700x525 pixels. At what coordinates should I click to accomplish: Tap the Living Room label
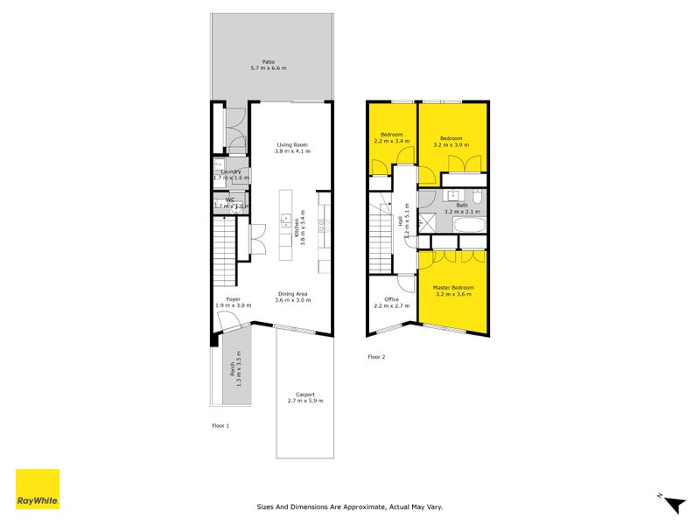pyautogui.click(x=292, y=145)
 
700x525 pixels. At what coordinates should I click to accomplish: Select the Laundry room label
pyautogui.click(x=231, y=171)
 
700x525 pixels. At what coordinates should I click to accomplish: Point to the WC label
pyautogui.click(x=230, y=200)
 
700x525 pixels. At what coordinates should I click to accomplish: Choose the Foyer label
pyautogui.click(x=233, y=299)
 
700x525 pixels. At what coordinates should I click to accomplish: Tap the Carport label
pyautogui.click(x=305, y=395)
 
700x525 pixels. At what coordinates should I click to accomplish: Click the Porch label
pyautogui.click(x=234, y=369)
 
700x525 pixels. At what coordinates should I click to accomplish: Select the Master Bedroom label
pyautogui.click(x=453, y=288)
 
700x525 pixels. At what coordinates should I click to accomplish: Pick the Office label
pyautogui.click(x=391, y=299)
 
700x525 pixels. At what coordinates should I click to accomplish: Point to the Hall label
pyautogui.click(x=402, y=223)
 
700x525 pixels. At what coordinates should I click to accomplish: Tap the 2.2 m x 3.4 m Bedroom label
pyautogui.click(x=391, y=135)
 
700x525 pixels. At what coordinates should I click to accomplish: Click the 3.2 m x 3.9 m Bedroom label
pyautogui.click(x=451, y=138)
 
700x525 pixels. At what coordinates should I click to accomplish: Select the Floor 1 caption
pyautogui.click(x=220, y=426)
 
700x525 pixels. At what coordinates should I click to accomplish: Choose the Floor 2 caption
pyautogui.click(x=376, y=357)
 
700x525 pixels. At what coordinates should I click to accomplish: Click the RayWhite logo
pyautogui.click(x=38, y=489)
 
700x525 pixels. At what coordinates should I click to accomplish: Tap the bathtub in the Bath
pyautogui.click(x=470, y=226)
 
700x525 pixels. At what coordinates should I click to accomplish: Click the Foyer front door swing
pyautogui.click(x=229, y=325)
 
